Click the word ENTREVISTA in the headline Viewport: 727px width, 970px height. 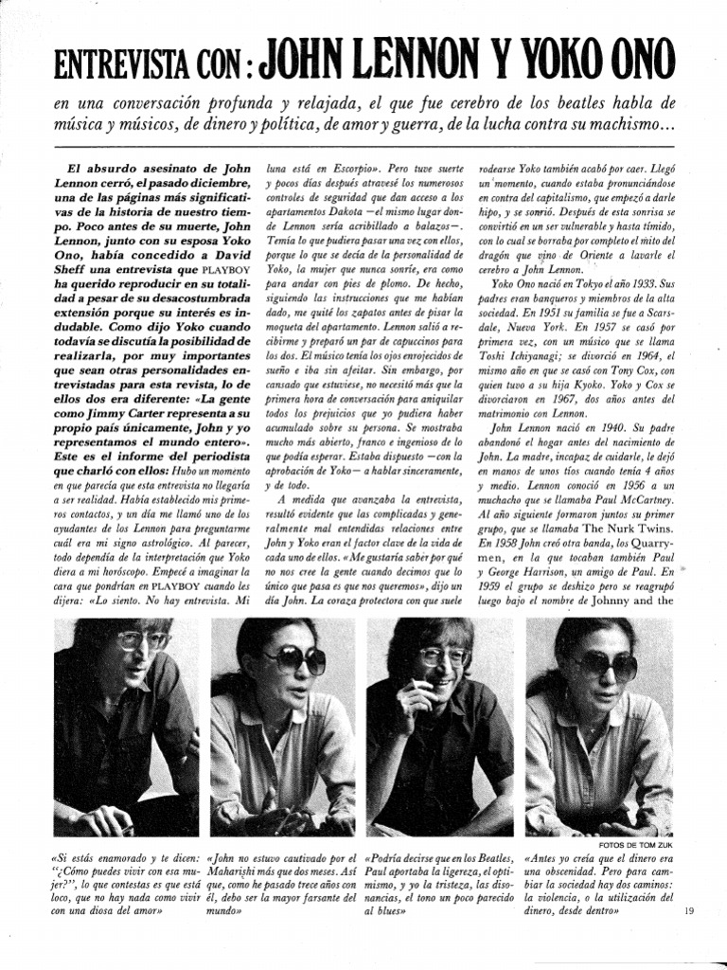point(109,65)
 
